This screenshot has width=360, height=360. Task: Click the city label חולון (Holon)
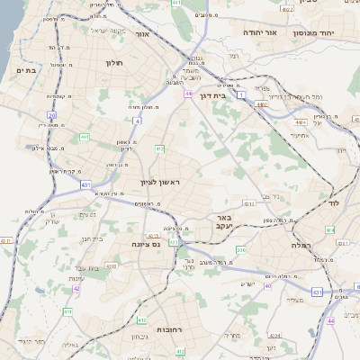pos(112,63)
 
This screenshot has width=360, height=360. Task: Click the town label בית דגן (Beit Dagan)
pos(211,93)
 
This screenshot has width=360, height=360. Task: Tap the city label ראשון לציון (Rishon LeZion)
pos(160,182)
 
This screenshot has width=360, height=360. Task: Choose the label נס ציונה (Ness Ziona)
pos(145,244)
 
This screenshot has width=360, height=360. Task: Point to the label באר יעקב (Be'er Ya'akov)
pos(224,222)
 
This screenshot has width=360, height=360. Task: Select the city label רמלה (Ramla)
pos(301,245)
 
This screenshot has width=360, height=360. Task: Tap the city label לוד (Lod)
pos(329,203)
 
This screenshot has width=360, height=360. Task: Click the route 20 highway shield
pos(52,115)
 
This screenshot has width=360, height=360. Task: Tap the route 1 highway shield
pos(241,94)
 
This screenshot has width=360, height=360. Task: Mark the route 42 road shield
pos(76,289)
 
